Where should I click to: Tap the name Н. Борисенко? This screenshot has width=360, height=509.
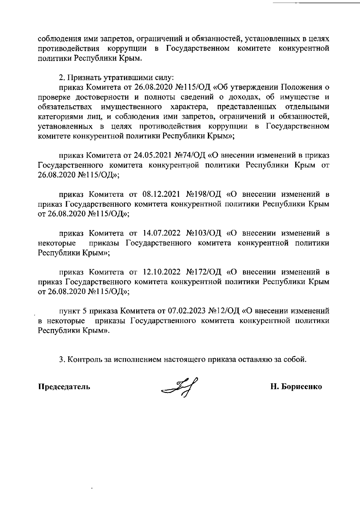pos(296,387)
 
